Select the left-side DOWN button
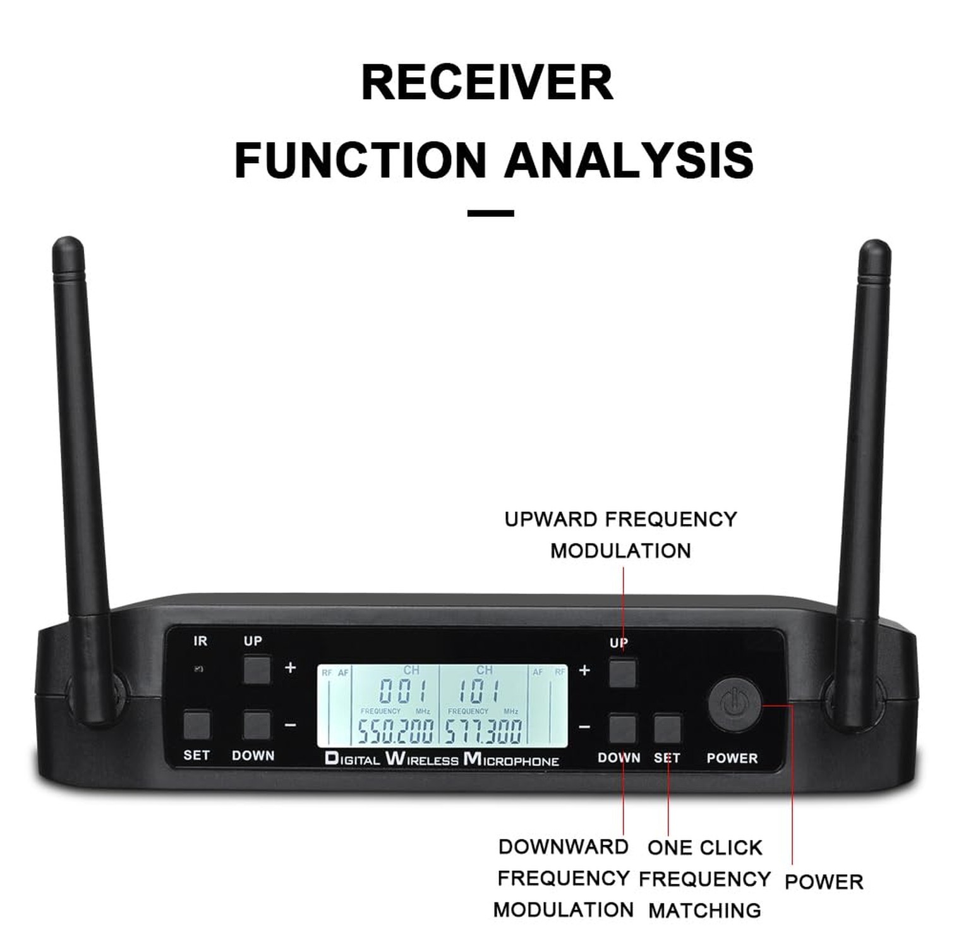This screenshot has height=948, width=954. click(257, 726)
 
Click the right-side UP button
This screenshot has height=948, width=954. click(622, 673)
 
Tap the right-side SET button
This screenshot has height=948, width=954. click(667, 729)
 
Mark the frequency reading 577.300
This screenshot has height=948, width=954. click(484, 731)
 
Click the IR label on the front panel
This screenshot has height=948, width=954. click(200, 641)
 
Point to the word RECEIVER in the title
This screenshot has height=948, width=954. click(487, 82)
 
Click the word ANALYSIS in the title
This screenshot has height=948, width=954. click(629, 160)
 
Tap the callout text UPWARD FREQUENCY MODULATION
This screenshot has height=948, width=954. click(620, 535)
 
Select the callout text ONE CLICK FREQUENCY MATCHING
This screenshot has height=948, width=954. click(704, 878)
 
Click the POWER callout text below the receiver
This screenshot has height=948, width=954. click(824, 882)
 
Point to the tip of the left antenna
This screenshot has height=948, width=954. click(68, 243)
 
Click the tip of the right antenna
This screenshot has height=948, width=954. click(875, 246)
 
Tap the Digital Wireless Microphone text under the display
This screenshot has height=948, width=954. click(442, 759)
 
